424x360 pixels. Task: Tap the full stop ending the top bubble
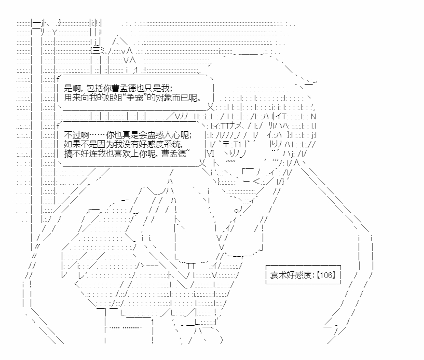[x=201, y=99]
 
